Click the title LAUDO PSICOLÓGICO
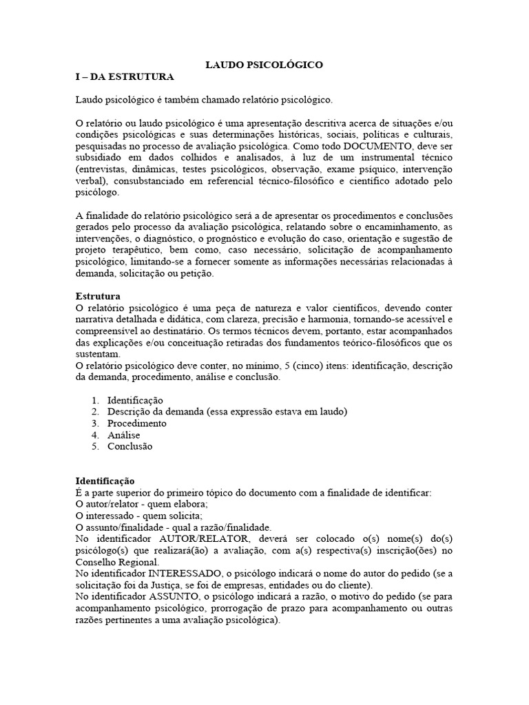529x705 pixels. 264,65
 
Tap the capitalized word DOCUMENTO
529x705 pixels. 380,147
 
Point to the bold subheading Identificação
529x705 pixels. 105,481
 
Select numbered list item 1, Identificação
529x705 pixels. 135,400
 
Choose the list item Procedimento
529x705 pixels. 137,423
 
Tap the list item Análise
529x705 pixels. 123,435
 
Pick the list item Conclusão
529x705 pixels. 130,446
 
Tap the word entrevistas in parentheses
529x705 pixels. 103,169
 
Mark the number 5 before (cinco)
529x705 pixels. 280,366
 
